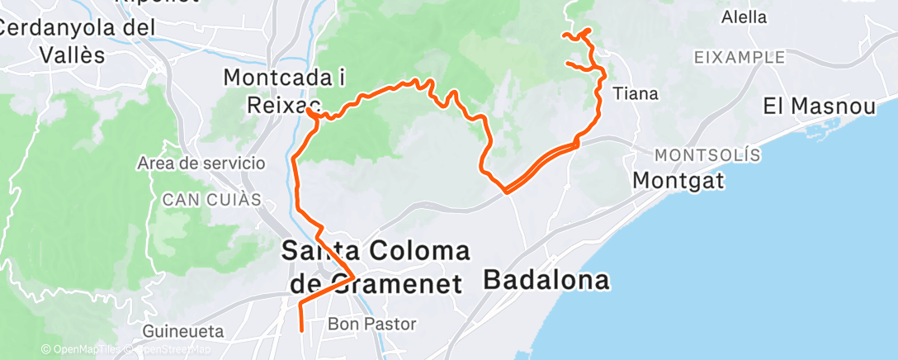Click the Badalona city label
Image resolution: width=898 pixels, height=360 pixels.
pyautogui.click(x=546, y=279)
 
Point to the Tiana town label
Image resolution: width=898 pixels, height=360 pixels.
pyautogui.click(x=636, y=94)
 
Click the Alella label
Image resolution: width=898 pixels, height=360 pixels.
pyautogui.click(x=744, y=17)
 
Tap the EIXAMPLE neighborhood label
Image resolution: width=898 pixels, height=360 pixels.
pyautogui.click(x=740, y=57)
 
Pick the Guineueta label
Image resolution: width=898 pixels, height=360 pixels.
pyautogui.click(x=183, y=331)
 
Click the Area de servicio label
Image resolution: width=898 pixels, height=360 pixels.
pyautogui.click(x=202, y=163)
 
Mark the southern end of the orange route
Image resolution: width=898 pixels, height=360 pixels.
pyautogui.click(x=300, y=329)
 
